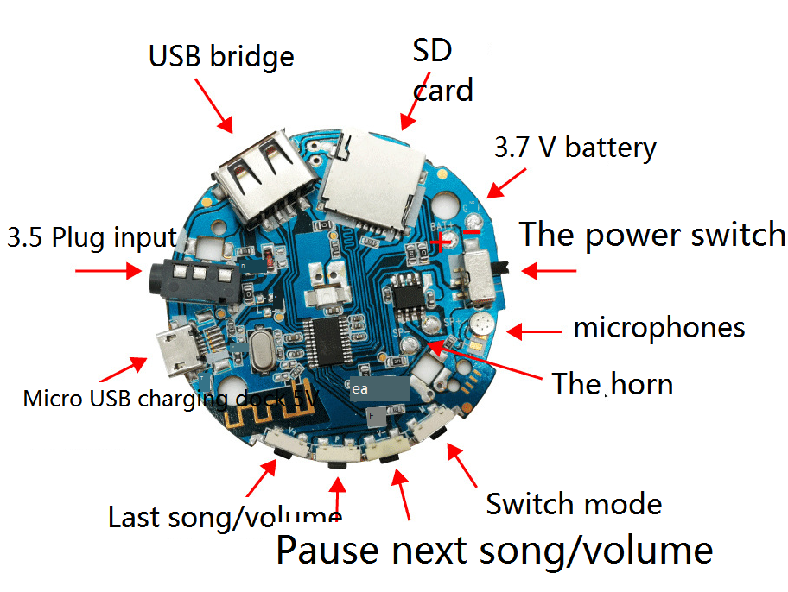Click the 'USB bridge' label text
[x=221, y=56]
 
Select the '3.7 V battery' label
[x=575, y=148]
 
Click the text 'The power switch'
[x=651, y=235]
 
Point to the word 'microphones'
[x=658, y=328]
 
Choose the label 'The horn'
[x=612, y=383]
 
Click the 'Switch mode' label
[x=574, y=503]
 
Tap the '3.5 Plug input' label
[x=92, y=237]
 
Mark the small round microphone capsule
[x=480, y=325]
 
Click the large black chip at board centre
[x=334, y=341]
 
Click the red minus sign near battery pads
[x=471, y=230]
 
